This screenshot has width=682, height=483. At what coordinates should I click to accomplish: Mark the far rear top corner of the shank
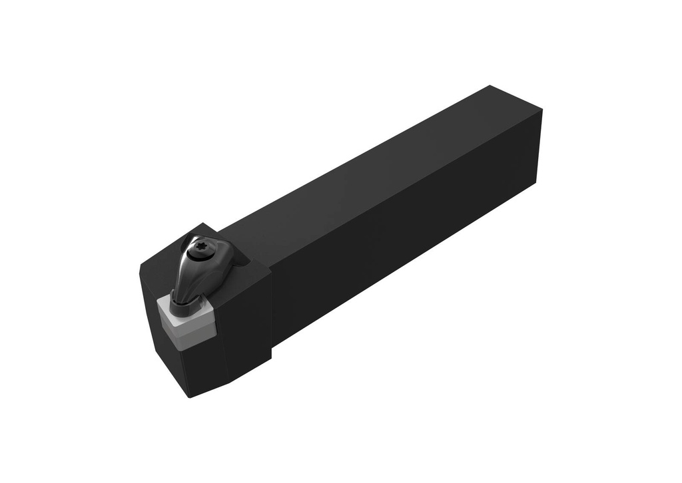490,86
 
